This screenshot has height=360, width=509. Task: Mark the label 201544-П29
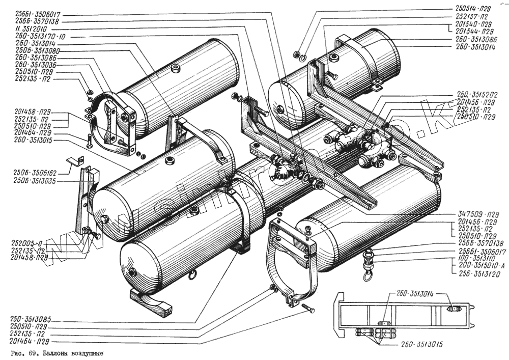[x=473, y=31]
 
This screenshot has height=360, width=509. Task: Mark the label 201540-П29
[x=473, y=24]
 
